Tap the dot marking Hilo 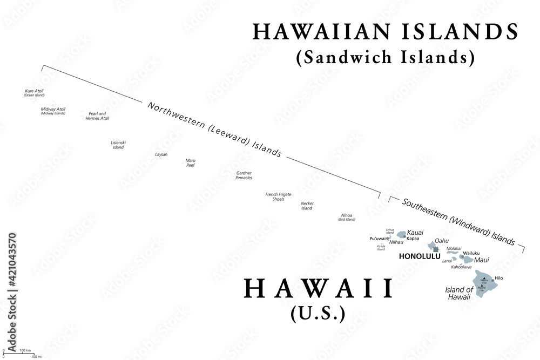pos(493,280)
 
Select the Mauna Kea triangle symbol pos(484,278)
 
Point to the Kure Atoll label pos(34,91)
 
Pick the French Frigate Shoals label pos(278,196)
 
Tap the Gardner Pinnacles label pos(244,175)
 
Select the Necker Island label pos(307,206)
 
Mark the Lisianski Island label pos(118,145)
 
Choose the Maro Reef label pos(191,162)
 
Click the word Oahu pos(442,240)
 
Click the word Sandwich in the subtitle pos(347,56)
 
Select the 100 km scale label pos(24,351)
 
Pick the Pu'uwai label pos(377,238)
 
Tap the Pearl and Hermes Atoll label pos(97,116)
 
